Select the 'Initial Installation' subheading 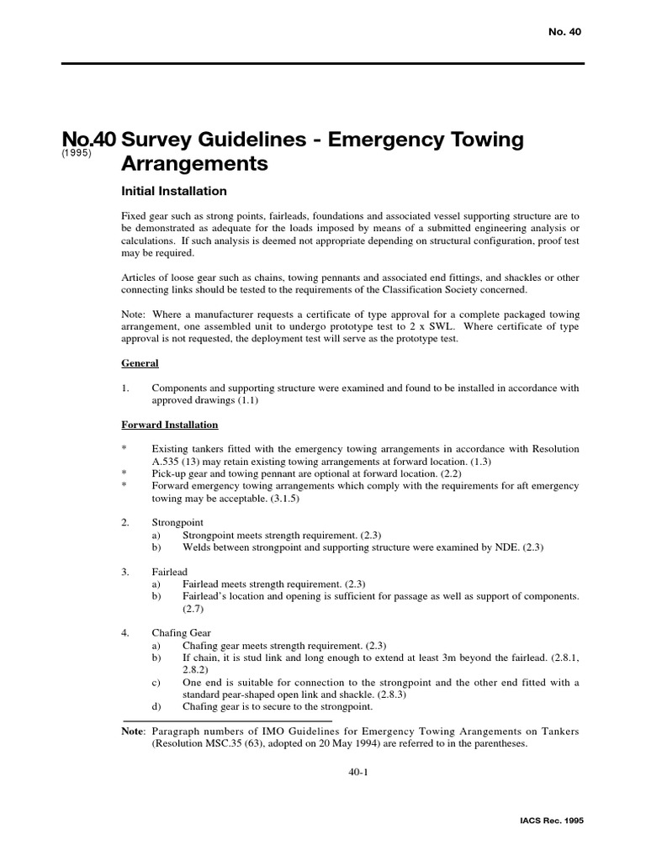pos(174,192)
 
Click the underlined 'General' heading pos(140,363)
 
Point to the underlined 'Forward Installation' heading pos(170,425)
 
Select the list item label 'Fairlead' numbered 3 pos(169,572)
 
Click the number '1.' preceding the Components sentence pos(125,388)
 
